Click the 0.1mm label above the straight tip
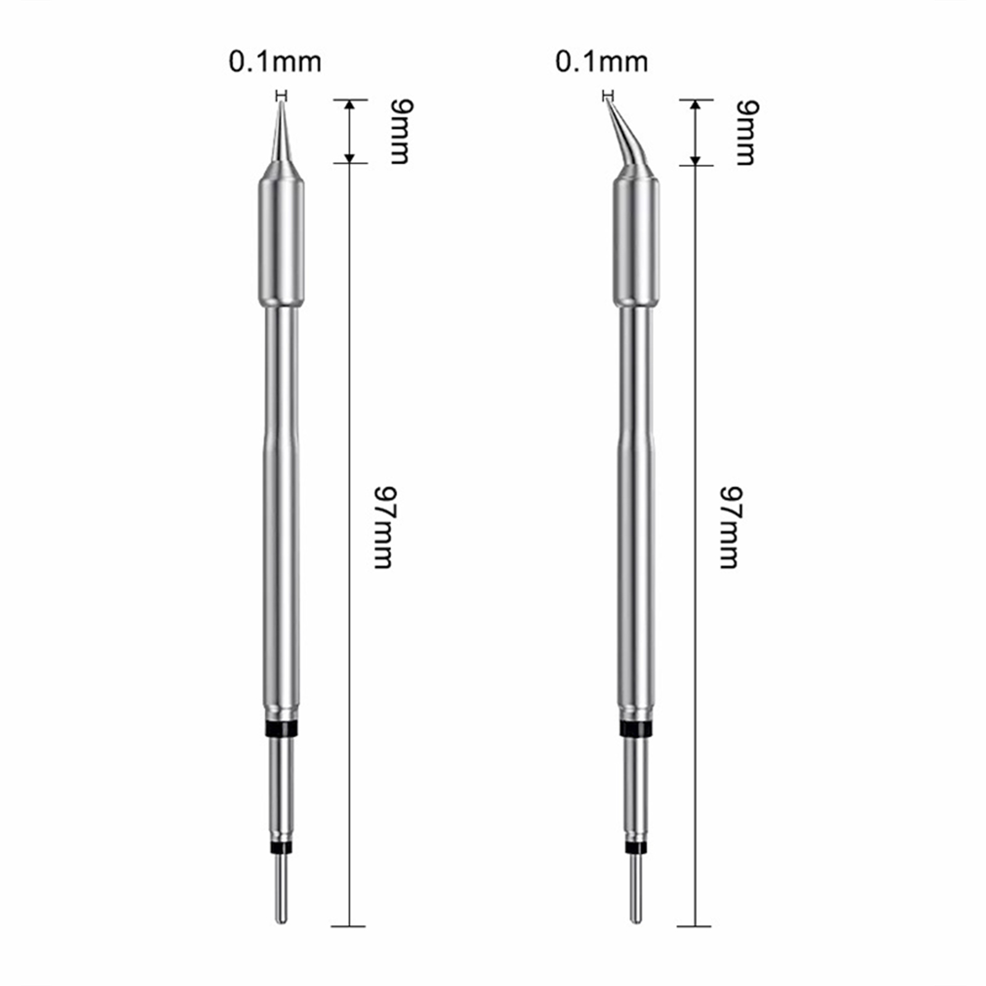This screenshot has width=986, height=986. tap(275, 62)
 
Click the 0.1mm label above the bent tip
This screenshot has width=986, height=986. tap(601, 62)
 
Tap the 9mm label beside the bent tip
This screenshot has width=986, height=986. tap(748, 132)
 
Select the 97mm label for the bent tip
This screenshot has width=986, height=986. tap(731, 528)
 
